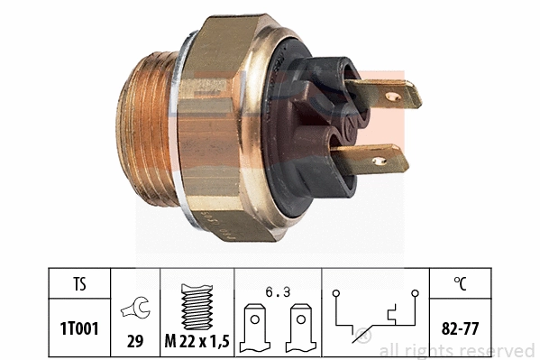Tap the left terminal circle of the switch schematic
tap(335, 293)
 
